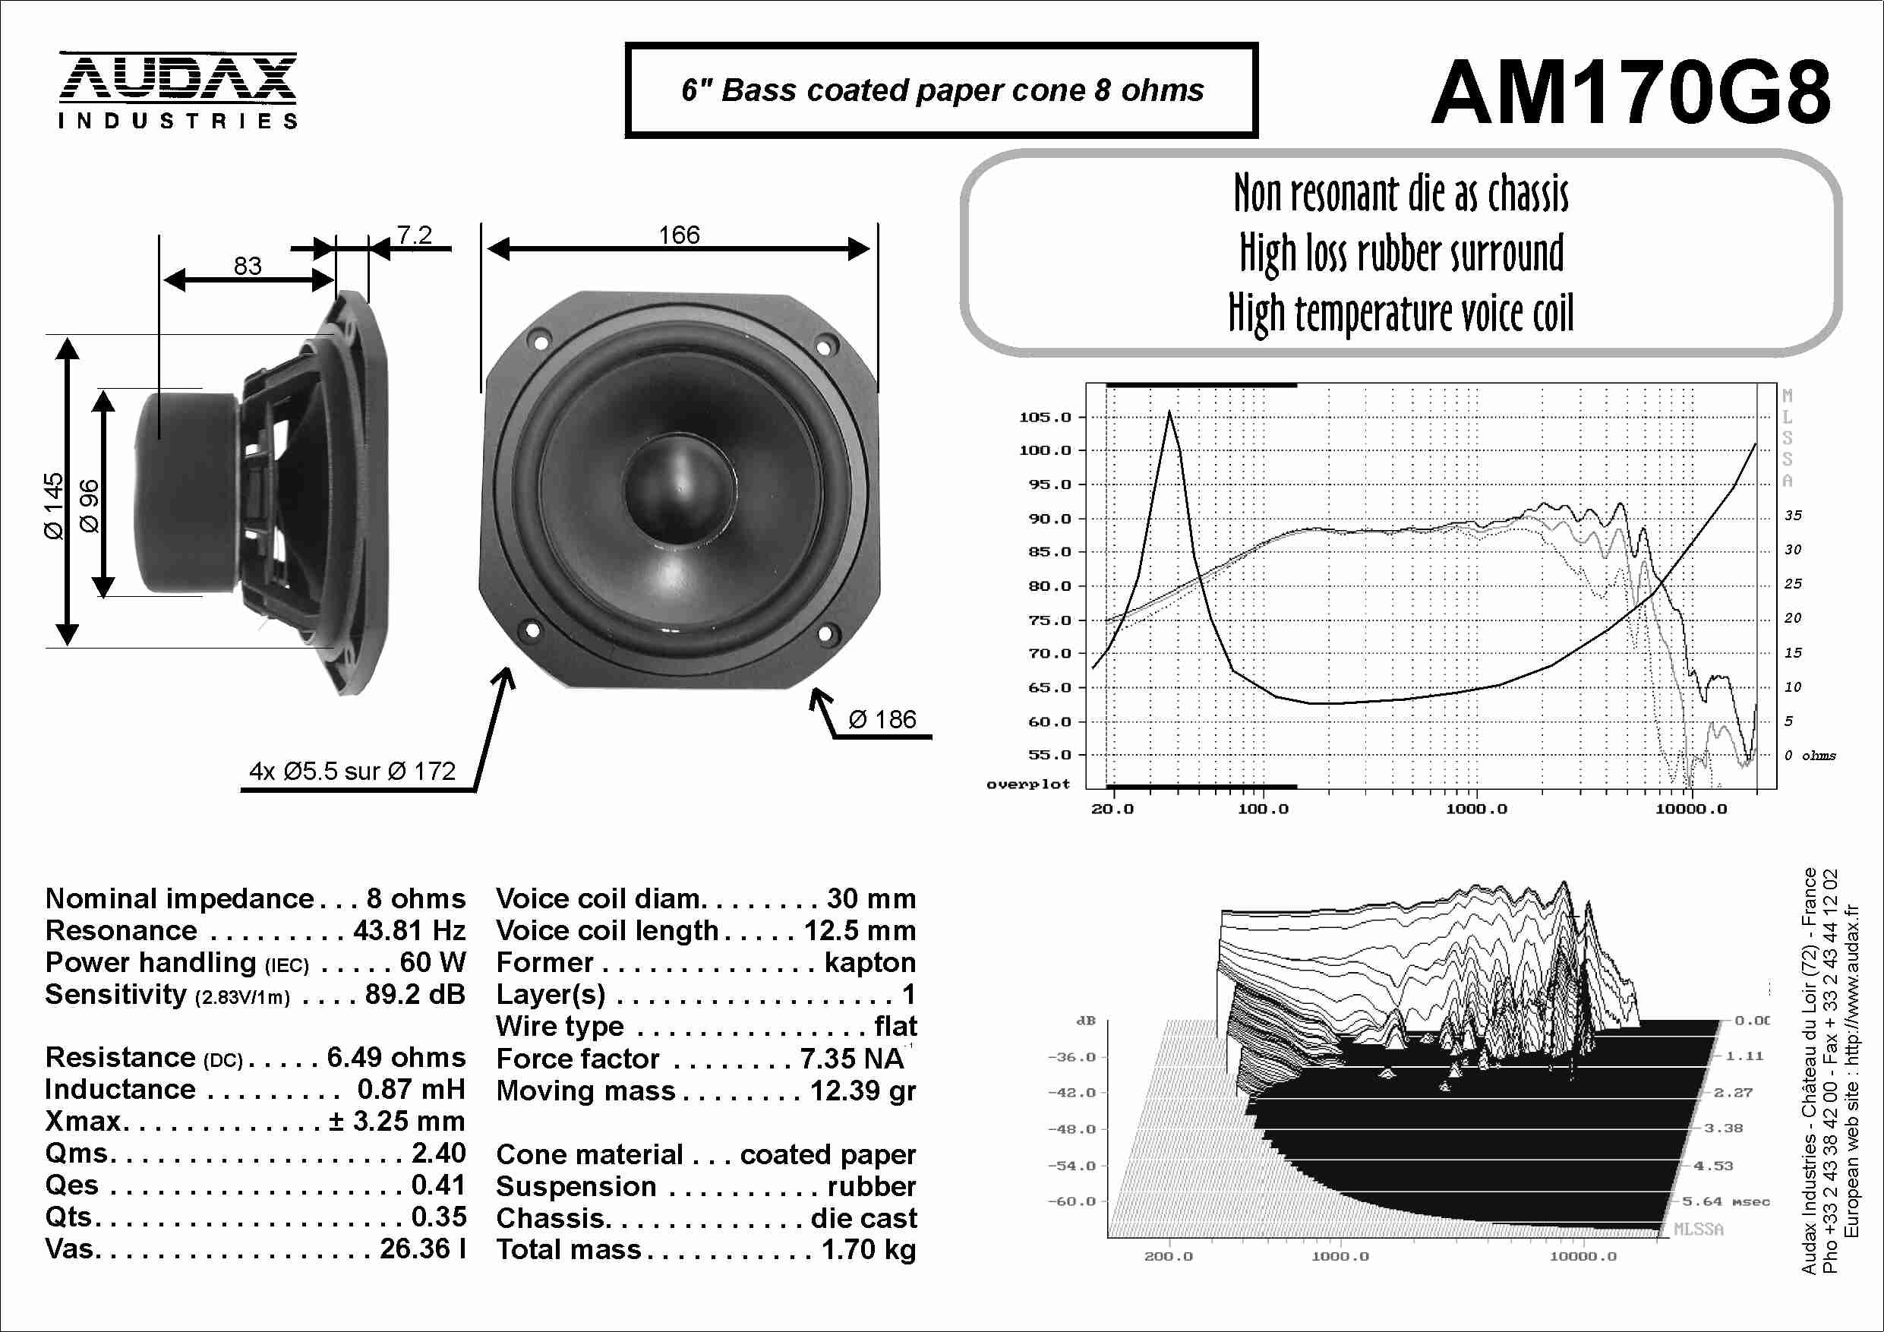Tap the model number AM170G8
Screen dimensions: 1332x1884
(x=1630, y=92)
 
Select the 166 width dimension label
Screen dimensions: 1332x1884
(x=679, y=235)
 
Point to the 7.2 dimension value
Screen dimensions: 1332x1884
(x=415, y=235)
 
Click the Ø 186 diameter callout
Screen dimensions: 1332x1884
(x=882, y=720)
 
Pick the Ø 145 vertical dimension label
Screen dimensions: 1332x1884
(x=53, y=506)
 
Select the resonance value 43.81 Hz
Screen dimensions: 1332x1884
(x=409, y=931)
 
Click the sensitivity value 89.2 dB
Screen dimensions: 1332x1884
(x=415, y=995)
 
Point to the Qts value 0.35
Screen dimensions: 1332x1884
(x=438, y=1217)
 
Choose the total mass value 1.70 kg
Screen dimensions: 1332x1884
(x=868, y=1250)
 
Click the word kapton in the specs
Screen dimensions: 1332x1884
(x=869, y=963)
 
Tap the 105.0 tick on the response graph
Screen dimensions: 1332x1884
(x=1046, y=417)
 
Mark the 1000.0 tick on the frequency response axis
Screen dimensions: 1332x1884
(x=1476, y=810)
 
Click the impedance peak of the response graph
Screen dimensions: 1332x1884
(x=1169, y=412)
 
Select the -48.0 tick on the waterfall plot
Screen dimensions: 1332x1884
(x=1071, y=1129)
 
